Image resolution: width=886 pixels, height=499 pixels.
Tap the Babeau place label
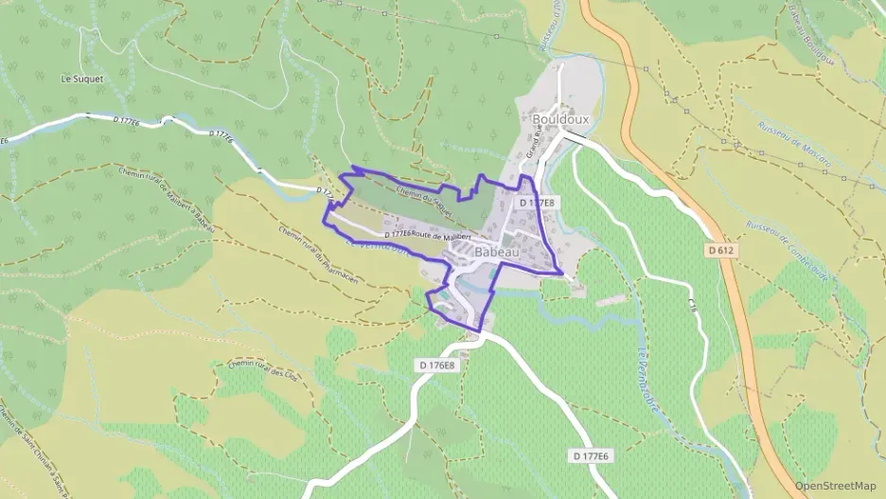pos(496,253)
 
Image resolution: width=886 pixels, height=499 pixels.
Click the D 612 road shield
pos(720,250)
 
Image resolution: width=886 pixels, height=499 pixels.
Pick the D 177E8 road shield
pos(537,203)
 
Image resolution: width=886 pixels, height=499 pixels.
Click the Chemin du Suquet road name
pos(421,197)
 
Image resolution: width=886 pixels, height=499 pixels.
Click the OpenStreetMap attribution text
pos(835,486)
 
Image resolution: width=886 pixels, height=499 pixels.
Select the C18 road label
pos(692,307)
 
